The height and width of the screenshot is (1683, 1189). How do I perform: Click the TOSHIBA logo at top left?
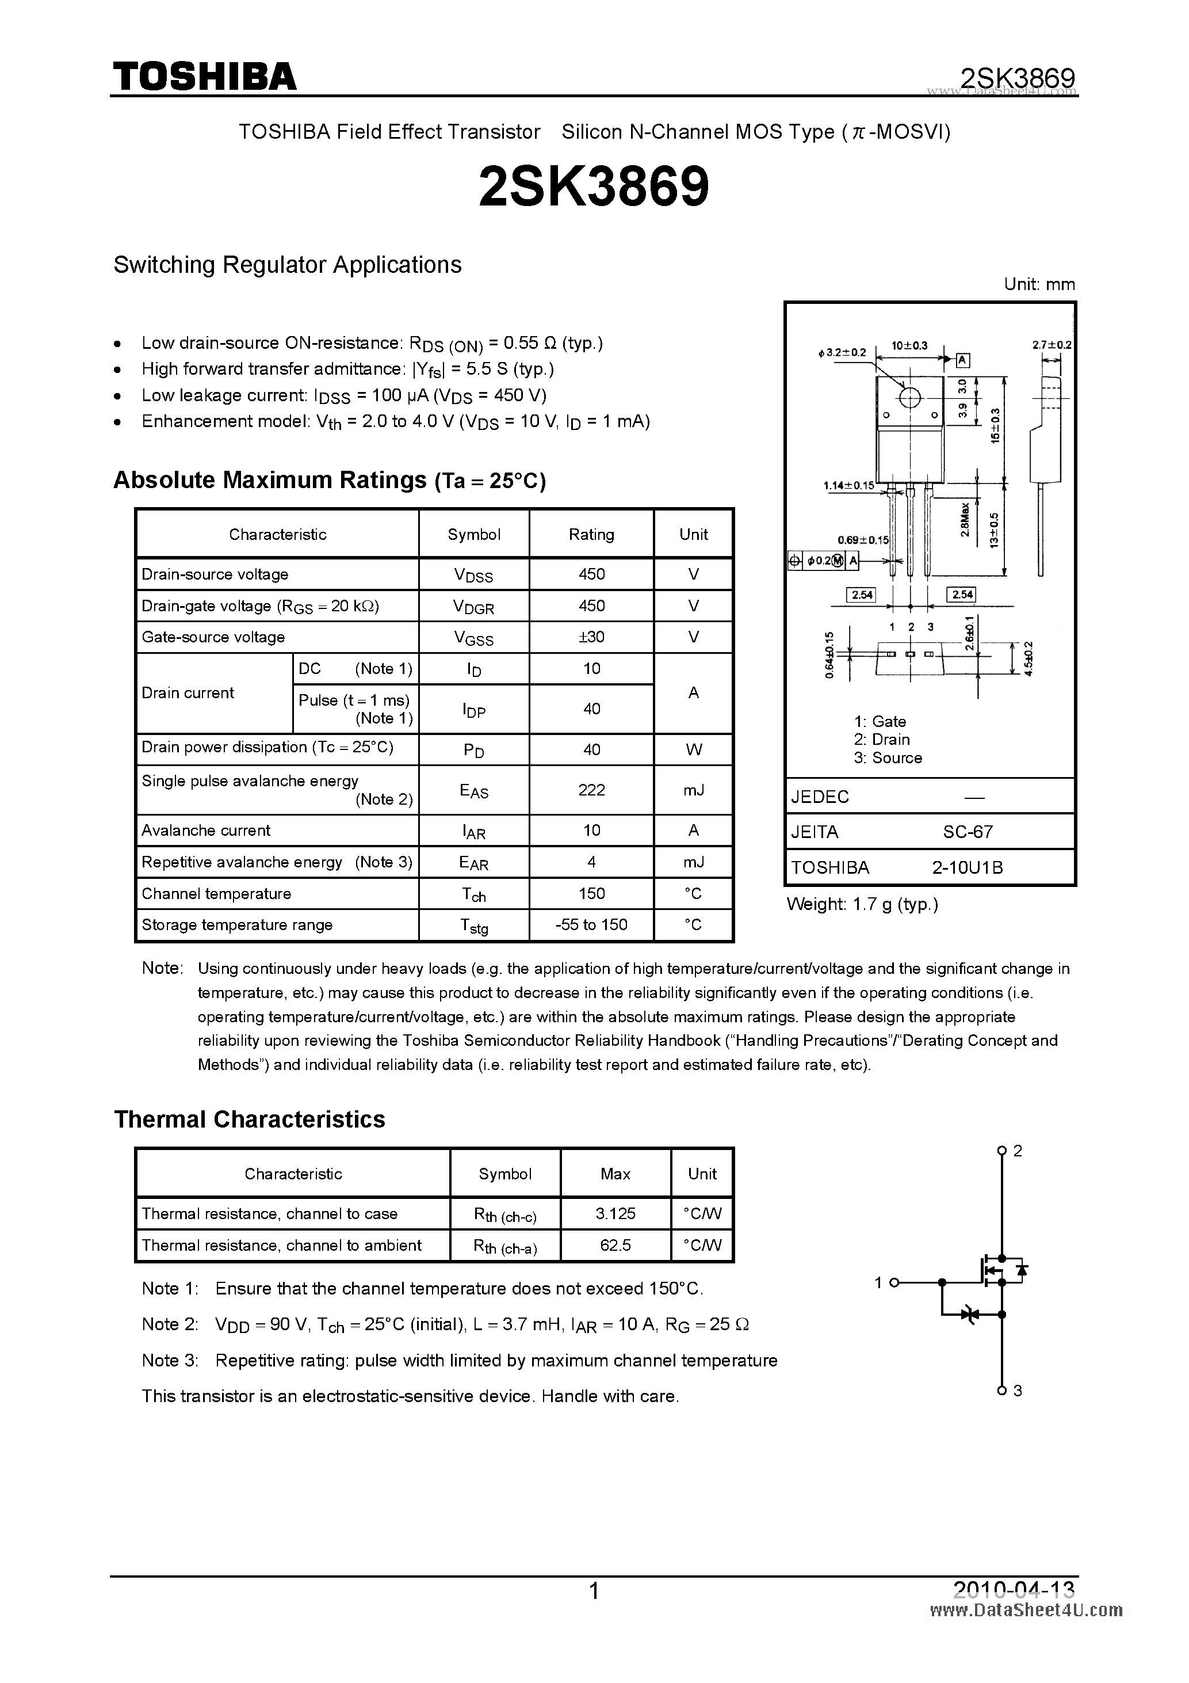(204, 76)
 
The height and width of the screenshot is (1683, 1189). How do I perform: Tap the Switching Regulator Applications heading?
(287, 265)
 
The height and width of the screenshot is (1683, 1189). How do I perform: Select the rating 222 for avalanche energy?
(591, 790)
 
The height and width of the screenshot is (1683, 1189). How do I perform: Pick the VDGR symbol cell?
(473, 606)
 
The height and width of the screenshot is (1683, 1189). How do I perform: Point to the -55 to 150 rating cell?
(591, 925)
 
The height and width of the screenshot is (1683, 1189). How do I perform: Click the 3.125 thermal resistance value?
(615, 1214)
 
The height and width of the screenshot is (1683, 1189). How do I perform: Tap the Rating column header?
(591, 534)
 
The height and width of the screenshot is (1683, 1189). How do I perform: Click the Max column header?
(615, 1174)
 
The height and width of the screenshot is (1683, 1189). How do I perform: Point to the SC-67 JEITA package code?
(968, 832)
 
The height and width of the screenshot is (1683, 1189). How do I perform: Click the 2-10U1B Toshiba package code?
(967, 868)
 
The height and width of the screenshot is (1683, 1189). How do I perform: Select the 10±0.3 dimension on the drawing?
(909, 345)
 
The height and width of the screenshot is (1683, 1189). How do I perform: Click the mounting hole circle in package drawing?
(909, 398)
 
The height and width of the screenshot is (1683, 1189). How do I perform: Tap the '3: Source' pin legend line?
(887, 758)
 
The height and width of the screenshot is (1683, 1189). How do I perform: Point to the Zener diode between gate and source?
(970, 1315)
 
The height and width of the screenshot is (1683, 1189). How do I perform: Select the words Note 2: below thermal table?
(170, 1324)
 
